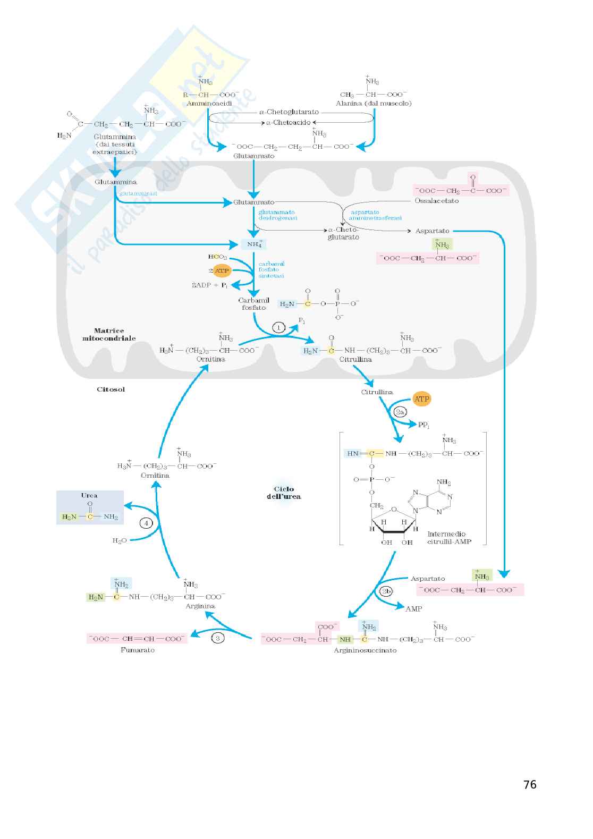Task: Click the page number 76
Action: pyautogui.click(x=530, y=785)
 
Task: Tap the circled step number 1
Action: pyautogui.click(x=279, y=327)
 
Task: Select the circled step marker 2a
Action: pyautogui.click(x=400, y=412)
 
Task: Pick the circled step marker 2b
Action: pyautogui.click(x=386, y=591)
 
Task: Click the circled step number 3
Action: pyautogui.click(x=217, y=638)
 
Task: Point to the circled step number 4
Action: pyautogui.click(x=146, y=523)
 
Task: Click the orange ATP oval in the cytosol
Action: pyautogui.click(x=421, y=399)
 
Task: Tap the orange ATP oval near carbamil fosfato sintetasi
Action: pyautogui.click(x=221, y=271)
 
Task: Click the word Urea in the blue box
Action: pyautogui.click(x=89, y=496)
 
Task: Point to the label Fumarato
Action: pyautogui.click(x=138, y=650)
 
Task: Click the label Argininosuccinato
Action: pyautogui.click(x=365, y=650)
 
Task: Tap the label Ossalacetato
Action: pyautogui.click(x=437, y=201)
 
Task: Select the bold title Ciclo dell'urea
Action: pyautogui.click(x=284, y=493)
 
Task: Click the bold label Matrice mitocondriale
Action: pyautogui.click(x=109, y=334)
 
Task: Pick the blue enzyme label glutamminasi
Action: pyautogui.click(x=138, y=193)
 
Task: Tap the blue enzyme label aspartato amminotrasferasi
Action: pyautogui.click(x=376, y=215)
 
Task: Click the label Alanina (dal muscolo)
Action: pyautogui.click(x=374, y=104)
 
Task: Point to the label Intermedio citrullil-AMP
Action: pyautogui.click(x=449, y=538)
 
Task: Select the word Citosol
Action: pyautogui.click(x=111, y=389)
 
